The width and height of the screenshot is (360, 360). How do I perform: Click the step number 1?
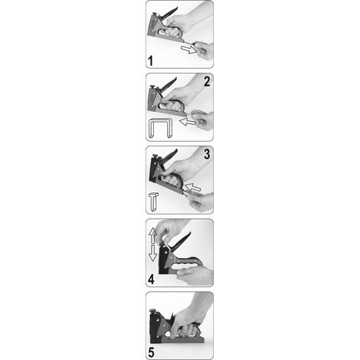[150, 61]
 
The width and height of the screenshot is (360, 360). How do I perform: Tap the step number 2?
[207, 82]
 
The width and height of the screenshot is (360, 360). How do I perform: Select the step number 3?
[207, 154]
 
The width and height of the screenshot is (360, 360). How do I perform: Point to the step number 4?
[151, 280]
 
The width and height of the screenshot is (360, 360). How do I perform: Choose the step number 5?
[151, 352]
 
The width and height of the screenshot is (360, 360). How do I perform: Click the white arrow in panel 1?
[189, 49]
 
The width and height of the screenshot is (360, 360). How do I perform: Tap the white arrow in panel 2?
[188, 122]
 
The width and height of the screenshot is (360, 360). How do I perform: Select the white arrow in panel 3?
[193, 188]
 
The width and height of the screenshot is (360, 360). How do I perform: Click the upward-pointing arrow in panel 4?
[152, 236]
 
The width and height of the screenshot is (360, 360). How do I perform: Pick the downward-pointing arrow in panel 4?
[152, 254]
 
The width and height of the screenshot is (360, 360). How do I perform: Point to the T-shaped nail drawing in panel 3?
[153, 201]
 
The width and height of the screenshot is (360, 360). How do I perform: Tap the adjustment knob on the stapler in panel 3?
[155, 156]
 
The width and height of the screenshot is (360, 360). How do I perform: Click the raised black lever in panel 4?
[182, 241]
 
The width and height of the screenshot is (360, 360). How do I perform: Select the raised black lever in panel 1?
[169, 13]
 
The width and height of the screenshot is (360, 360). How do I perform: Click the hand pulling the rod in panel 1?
[204, 51]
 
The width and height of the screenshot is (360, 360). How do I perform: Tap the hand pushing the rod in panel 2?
[203, 119]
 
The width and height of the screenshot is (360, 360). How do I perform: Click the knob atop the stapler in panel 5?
[152, 311]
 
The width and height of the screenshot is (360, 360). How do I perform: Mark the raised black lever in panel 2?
[167, 84]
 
